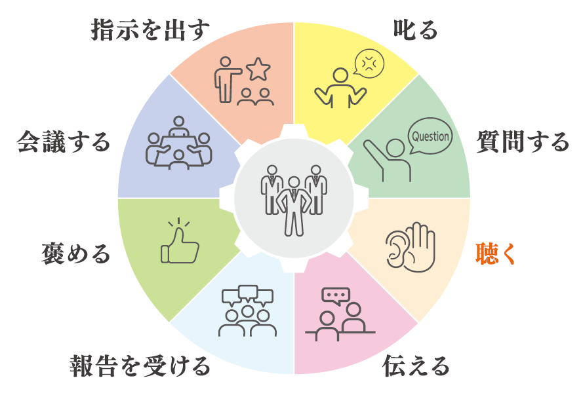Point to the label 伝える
(x=416, y=366)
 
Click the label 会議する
(x=63, y=140)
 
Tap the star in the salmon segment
(x=258, y=67)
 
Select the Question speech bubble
(x=430, y=138)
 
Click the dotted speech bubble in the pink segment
(x=336, y=295)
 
